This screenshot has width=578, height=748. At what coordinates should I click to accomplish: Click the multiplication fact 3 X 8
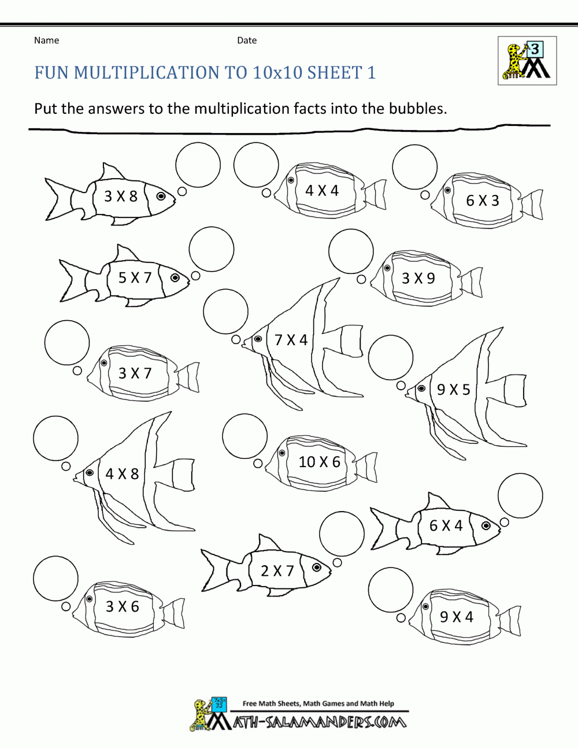pyautogui.click(x=121, y=197)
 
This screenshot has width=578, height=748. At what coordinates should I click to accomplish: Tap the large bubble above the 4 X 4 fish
pyautogui.click(x=256, y=165)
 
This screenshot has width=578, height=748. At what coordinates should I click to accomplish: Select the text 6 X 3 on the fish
pyautogui.click(x=482, y=201)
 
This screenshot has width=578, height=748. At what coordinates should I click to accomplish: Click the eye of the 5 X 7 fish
pyautogui.click(x=175, y=278)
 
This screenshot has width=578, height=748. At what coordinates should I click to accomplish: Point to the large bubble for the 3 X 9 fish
pyautogui.click(x=351, y=251)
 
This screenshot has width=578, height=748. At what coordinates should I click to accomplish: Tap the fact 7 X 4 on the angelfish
pyautogui.click(x=291, y=340)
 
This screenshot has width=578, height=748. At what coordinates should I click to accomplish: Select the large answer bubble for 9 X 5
pyautogui.click(x=391, y=357)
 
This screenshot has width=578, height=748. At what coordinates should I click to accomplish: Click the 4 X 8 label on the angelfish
pyautogui.click(x=122, y=474)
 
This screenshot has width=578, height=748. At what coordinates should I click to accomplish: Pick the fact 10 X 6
pyautogui.click(x=319, y=462)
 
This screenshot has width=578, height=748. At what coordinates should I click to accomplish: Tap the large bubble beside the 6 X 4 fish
pyautogui.click(x=520, y=495)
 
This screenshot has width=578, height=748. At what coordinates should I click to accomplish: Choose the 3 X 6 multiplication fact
pyautogui.click(x=122, y=606)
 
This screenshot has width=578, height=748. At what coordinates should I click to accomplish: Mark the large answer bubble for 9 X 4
pyautogui.click(x=391, y=590)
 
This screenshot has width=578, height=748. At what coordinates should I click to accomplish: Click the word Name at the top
pyautogui.click(x=46, y=40)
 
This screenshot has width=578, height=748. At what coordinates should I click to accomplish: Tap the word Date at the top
pyautogui.click(x=247, y=40)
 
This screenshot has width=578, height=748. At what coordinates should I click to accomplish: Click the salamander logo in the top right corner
pyautogui.click(x=527, y=61)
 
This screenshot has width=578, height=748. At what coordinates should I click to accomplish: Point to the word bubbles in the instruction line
pyautogui.click(x=416, y=109)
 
